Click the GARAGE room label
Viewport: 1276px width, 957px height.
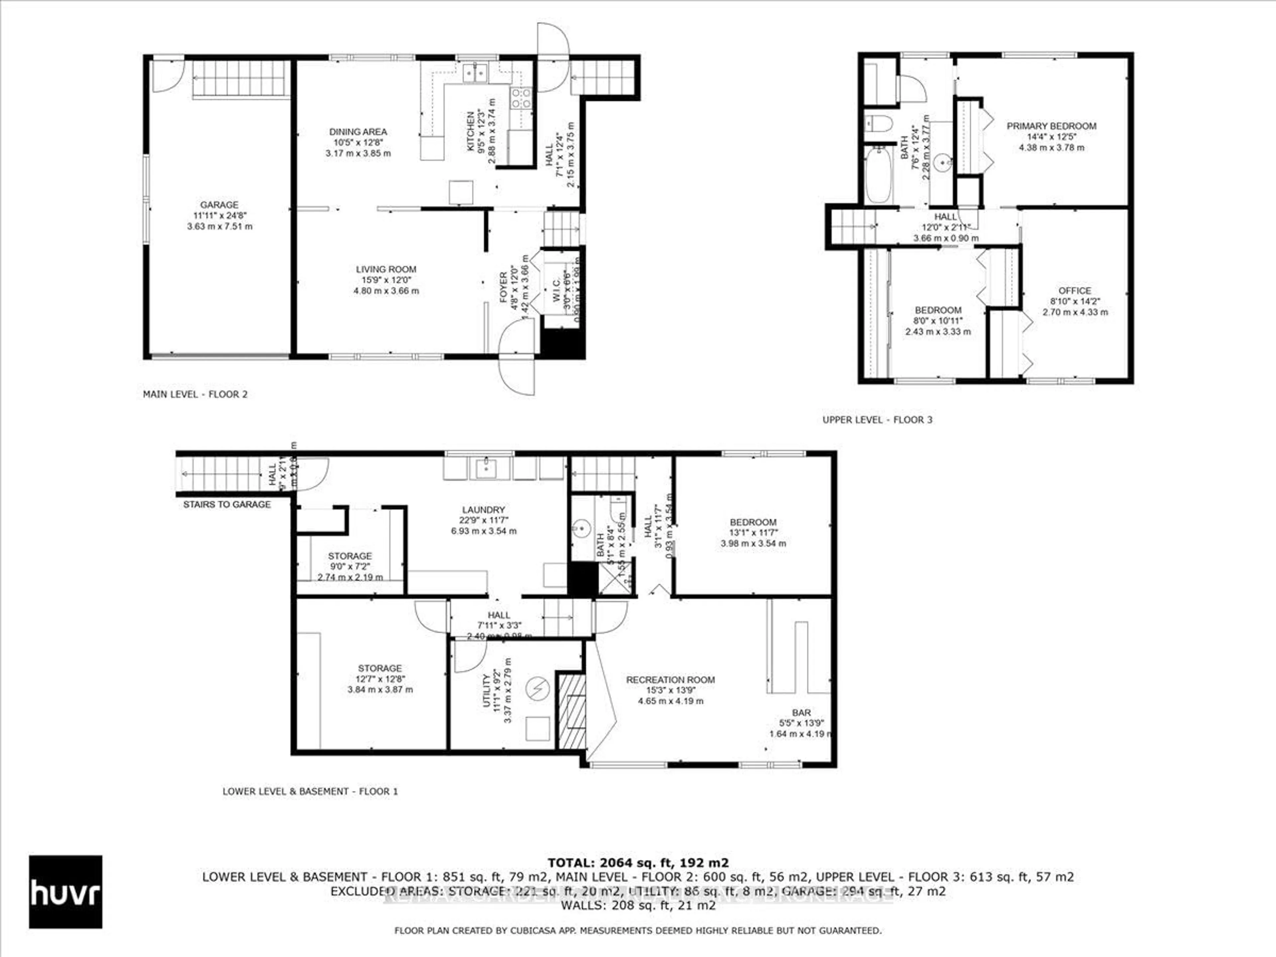coord(219,205)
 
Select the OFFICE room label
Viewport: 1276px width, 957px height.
coord(1075,291)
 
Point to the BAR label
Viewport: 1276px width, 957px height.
coord(801,713)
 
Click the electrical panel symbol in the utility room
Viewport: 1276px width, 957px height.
coord(538,688)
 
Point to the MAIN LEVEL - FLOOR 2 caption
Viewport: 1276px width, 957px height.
coord(195,394)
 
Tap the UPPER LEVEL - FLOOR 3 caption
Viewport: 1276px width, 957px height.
coord(877,420)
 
